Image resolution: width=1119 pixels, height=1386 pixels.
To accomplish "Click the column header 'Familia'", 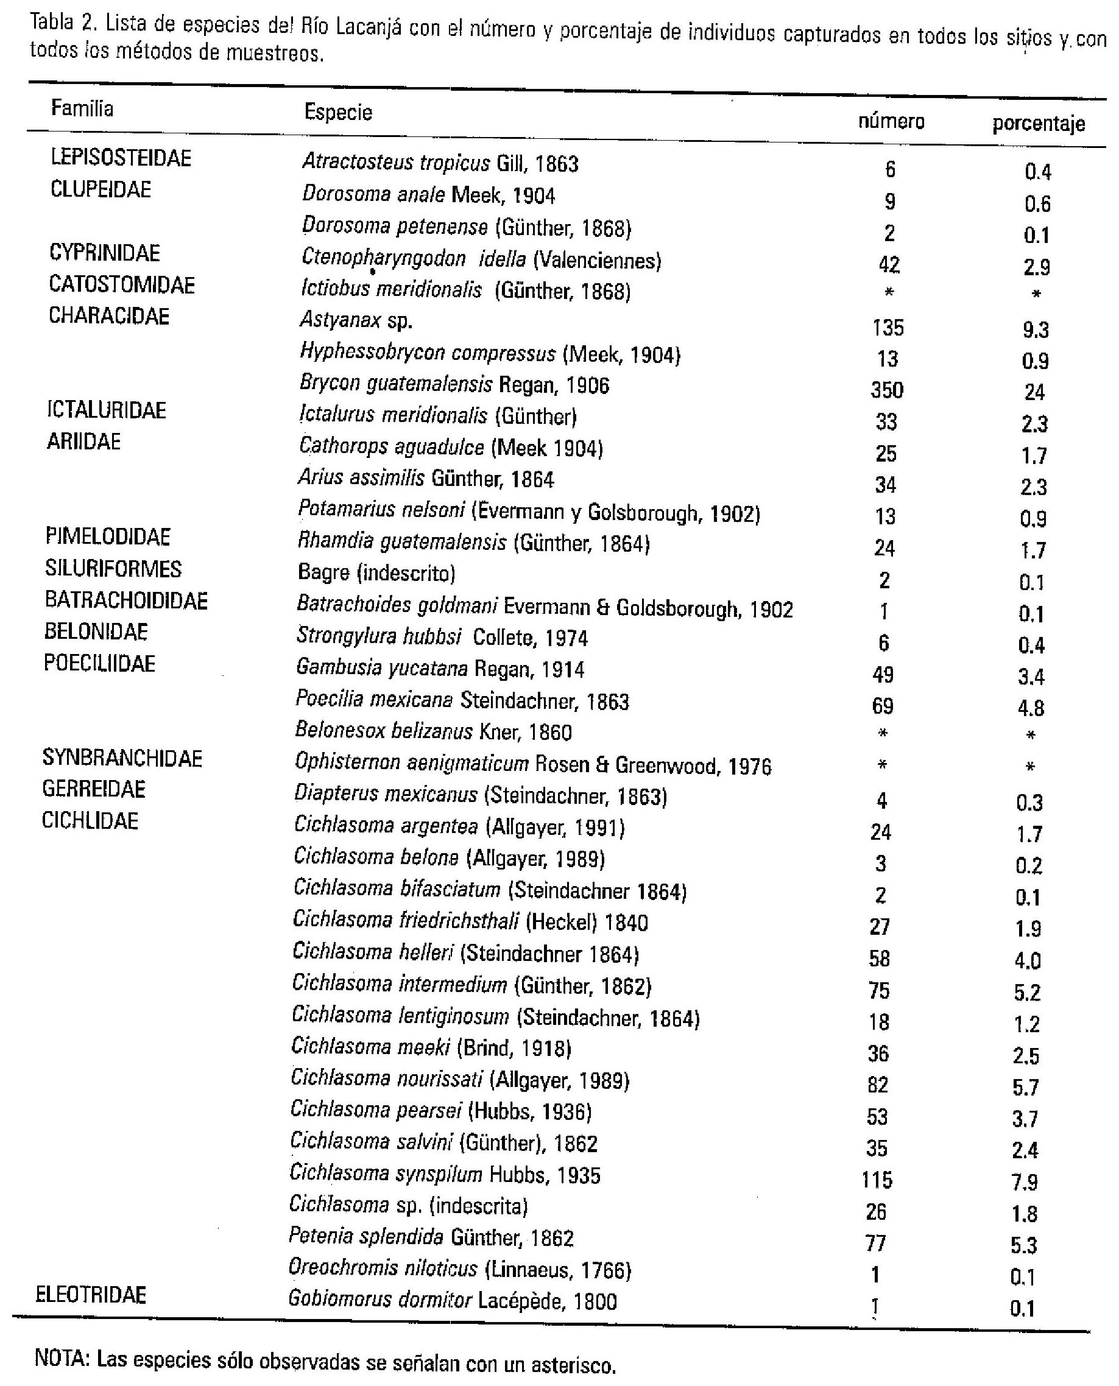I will [x=82, y=108].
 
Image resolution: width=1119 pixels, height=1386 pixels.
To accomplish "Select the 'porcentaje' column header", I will [x=1039, y=123].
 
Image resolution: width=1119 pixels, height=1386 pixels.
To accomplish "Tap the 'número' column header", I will [x=891, y=121].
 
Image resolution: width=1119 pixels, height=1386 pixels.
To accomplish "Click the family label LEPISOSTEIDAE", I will [x=121, y=158].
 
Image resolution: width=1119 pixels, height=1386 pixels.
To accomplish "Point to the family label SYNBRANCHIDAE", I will [x=122, y=758].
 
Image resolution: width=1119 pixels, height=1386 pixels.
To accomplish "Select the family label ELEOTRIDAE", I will [x=91, y=1295].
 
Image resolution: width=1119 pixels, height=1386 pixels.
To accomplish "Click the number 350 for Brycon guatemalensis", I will [x=887, y=390].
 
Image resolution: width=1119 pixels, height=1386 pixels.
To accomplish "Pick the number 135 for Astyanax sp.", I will [x=888, y=328].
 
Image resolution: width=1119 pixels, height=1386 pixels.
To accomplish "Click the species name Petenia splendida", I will [x=365, y=1237].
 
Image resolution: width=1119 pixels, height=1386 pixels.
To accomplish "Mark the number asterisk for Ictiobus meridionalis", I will [x=889, y=292].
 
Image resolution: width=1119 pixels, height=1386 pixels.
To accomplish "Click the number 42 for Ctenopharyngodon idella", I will [x=889, y=264].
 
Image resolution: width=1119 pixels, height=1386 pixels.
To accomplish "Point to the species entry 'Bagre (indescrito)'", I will [x=376, y=572].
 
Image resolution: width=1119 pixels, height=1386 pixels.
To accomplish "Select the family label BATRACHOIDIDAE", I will [x=126, y=600].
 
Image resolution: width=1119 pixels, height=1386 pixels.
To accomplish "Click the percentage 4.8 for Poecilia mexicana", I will [x=1031, y=708].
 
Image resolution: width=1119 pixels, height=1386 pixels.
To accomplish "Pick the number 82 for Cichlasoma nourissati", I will [x=878, y=1085].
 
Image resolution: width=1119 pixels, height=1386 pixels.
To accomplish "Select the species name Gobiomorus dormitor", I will [x=379, y=1300].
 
